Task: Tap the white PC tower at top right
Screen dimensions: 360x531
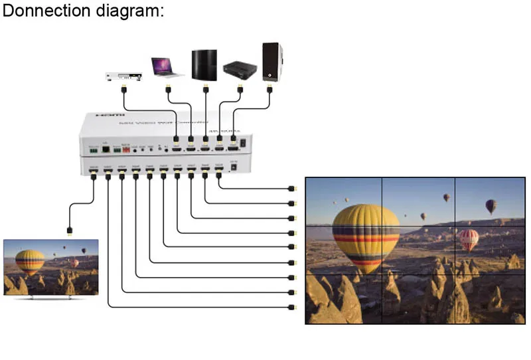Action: tap(271, 62)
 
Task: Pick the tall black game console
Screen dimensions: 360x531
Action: tap(204, 65)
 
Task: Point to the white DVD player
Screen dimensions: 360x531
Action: tap(124, 75)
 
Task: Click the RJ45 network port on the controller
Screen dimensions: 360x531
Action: tap(106, 149)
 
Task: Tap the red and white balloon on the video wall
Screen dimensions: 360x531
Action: tap(469, 239)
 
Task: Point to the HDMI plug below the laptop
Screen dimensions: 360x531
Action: tap(168, 88)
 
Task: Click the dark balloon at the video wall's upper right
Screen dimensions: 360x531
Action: tap(491, 207)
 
